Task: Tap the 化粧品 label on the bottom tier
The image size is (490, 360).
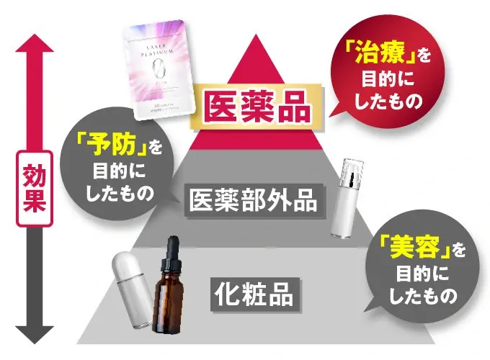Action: tap(256, 294)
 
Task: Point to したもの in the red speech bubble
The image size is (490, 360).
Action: tap(389, 100)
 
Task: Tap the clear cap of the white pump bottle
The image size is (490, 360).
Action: tap(354, 174)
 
